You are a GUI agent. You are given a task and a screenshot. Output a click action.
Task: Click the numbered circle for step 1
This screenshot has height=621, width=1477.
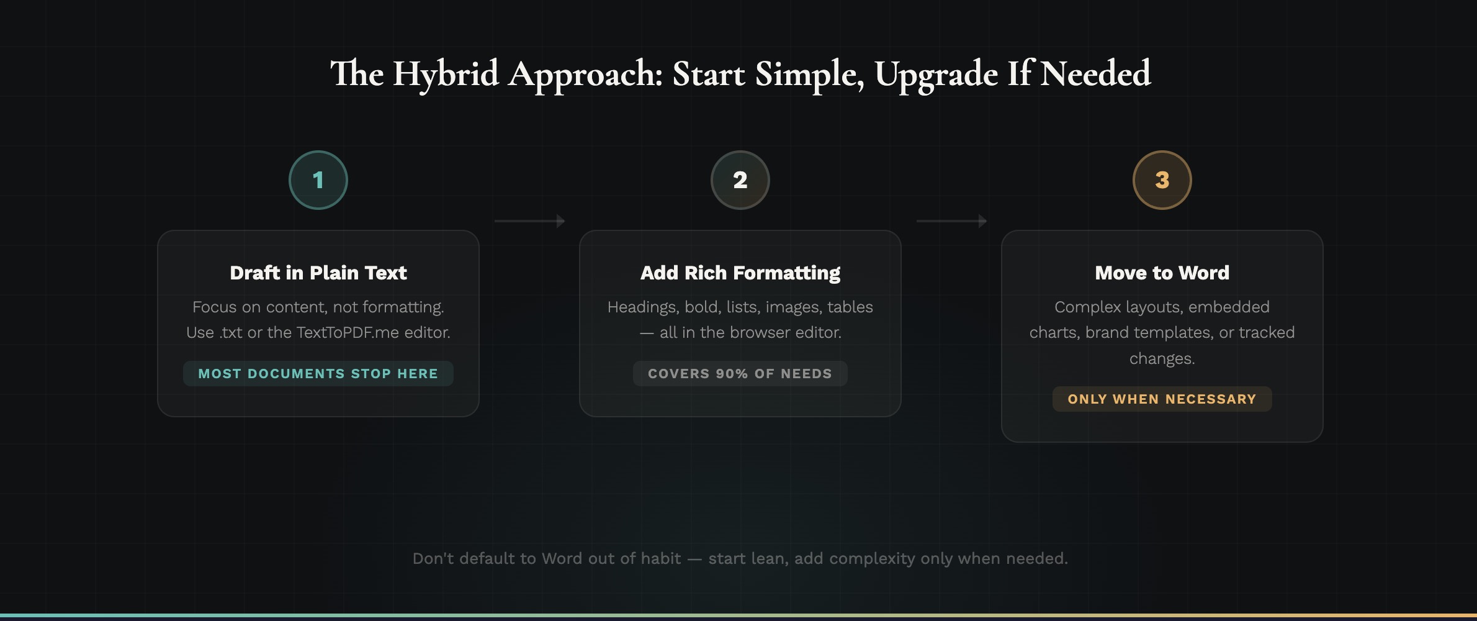pos(318,180)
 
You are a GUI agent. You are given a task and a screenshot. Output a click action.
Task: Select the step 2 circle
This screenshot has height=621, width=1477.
pos(740,180)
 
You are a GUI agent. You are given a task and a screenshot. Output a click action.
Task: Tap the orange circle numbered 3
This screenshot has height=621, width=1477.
pos(1162,180)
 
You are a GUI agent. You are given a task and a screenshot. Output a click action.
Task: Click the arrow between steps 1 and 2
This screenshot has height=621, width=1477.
pos(529,221)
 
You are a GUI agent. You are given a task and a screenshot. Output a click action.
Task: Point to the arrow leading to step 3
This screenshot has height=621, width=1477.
pos(951,221)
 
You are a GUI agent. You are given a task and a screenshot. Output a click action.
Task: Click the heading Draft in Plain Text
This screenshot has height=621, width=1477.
pos(318,273)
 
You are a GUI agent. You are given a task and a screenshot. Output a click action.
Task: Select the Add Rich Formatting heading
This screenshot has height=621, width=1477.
pos(740,273)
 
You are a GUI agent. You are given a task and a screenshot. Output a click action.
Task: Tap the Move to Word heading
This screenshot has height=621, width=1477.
pos(1162,273)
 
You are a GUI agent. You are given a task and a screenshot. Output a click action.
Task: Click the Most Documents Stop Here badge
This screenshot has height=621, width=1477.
pos(318,374)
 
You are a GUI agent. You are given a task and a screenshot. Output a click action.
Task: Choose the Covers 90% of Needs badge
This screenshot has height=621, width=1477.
pos(740,374)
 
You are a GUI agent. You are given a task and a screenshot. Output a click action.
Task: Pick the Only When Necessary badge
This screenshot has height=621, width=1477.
pos(1162,399)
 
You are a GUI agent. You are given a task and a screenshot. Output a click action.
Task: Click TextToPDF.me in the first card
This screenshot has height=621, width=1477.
pos(348,333)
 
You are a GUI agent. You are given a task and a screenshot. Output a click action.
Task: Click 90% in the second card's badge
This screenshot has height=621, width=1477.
pos(732,374)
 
